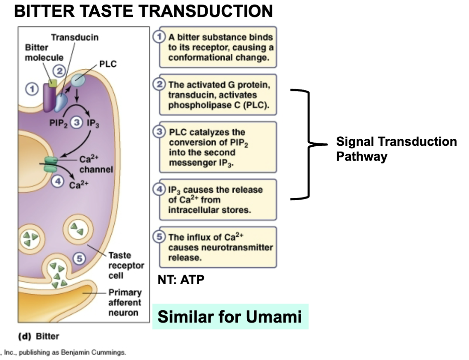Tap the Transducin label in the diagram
coord(75,37)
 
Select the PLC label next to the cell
coord(108,64)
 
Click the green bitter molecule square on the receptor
coord(52,83)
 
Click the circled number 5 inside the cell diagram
coord(79,258)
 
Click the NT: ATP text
coord(181,280)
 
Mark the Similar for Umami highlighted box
coord(230,317)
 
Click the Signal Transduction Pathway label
coord(396,149)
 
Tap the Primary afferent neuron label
coord(124,302)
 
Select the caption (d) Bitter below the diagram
coord(38,336)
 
